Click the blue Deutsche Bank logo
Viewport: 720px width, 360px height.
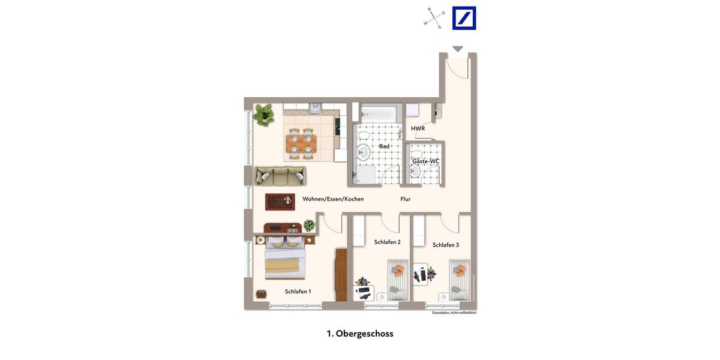[x=464, y=18]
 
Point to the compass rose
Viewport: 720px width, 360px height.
[x=434, y=18]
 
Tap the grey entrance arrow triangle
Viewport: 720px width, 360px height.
[x=458, y=49]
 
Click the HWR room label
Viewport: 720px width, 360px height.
[x=418, y=128]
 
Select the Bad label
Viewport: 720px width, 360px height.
[x=384, y=146]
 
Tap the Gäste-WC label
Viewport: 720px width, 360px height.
[x=425, y=161]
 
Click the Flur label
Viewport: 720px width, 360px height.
[x=406, y=199]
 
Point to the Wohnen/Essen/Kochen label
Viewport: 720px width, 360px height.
[x=333, y=199]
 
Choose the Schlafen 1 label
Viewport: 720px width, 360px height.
[x=298, y=292]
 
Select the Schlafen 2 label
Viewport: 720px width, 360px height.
[x=387, y=242]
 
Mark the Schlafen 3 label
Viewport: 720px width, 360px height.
[x=446, y=245]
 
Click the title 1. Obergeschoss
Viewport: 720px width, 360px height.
[x=360, y=334]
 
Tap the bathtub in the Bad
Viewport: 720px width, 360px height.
[x=379, y=113]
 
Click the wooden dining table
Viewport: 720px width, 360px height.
[x=301, y=143]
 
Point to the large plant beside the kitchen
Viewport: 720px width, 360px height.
[x=263, y=114]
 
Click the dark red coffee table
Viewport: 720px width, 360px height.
[x=280, y=202]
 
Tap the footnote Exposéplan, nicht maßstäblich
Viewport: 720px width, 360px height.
[x=454, y=313]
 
